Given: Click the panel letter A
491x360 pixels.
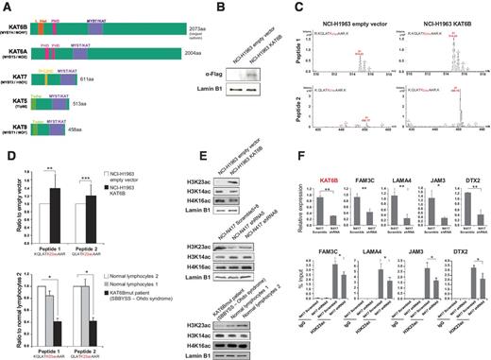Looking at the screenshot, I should [x=7, y=8].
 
